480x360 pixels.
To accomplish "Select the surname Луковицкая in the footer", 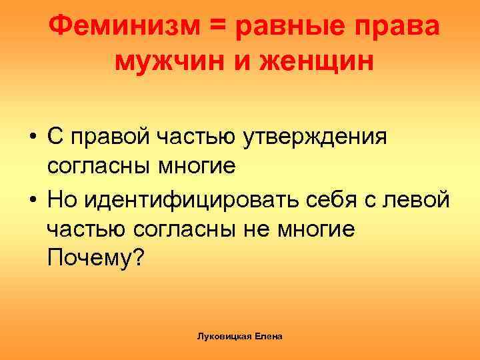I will click(x=221, y=337).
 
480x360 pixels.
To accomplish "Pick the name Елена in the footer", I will click(x=268, y=337).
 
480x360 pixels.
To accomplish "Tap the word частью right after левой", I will click(x=87, y=228).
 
